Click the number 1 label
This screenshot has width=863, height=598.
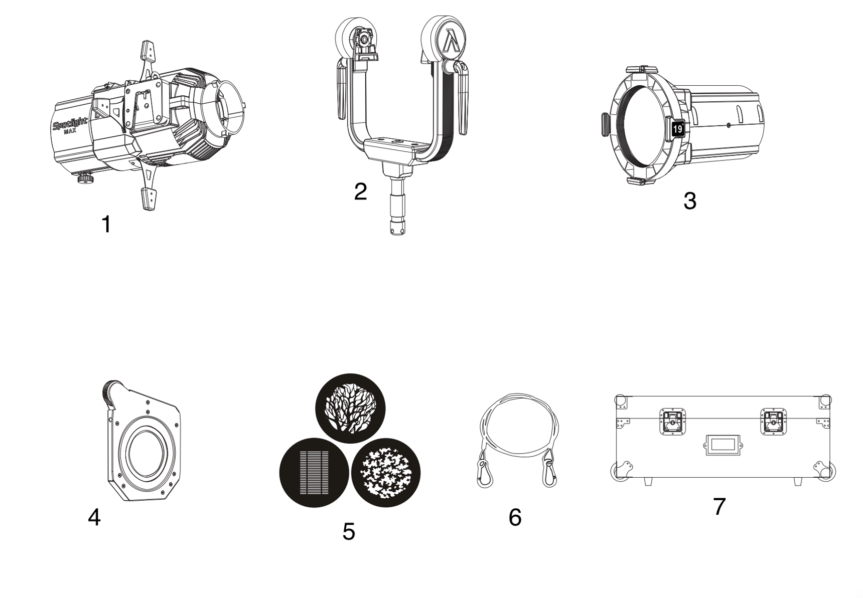click(106, 224)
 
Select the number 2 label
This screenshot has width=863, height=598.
click(360, 191)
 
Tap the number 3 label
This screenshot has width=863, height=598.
click(690, 201)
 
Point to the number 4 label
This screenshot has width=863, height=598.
click(94, 517)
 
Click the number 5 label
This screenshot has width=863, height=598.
click(349, 531)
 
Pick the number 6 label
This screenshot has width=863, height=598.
click(515, 517)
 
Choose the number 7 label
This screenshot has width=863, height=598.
click(719, 506)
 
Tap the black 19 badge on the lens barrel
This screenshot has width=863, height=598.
click(677, 129)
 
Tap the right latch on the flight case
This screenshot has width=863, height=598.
click(773, 422)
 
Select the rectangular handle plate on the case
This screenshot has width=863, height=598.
click(721, 445)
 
